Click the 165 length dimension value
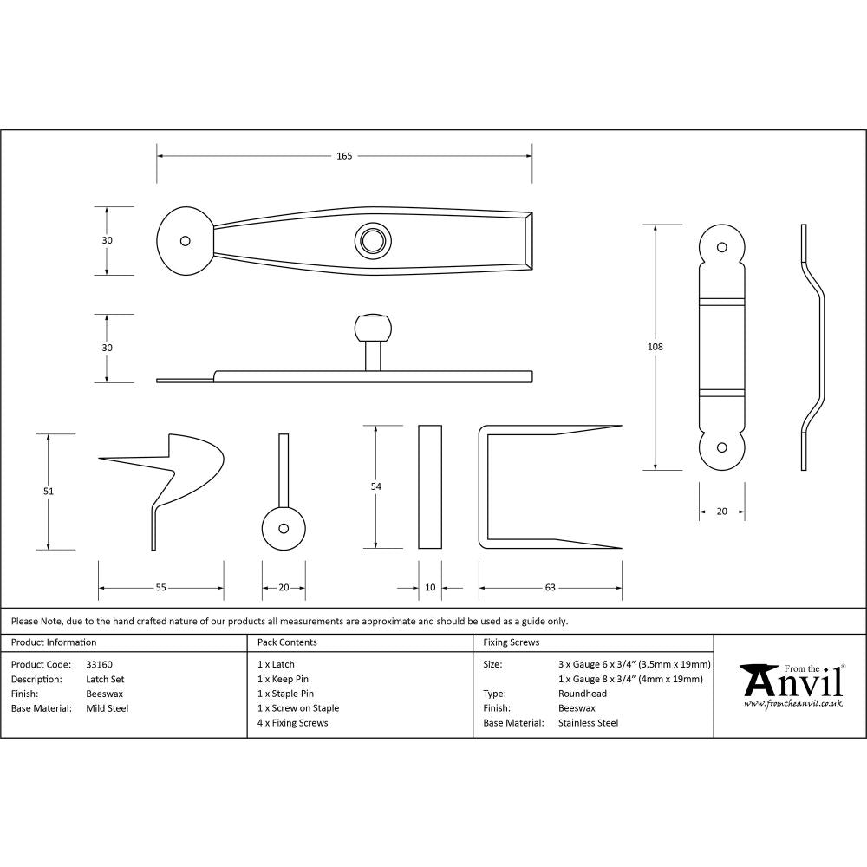(x=344, y=156)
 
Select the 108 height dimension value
(x=655, y=347)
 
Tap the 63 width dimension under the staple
(x=550, y=588)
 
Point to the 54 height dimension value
(x=375, y=487)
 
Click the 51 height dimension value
(x=49, y=492)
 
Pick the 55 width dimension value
(x=160, y=588)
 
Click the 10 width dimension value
(x=430, y=588)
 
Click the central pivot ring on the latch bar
(x=373, y=240)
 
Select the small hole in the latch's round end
(x=184, y=241)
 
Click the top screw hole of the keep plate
(x=721, y=245)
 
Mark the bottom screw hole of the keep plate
(x=721, y=448)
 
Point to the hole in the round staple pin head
(x=284, y=527)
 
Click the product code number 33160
(x=99, y=664)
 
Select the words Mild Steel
(x=107, y=708)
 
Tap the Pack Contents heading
(x=287, y=642)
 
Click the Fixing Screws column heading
(x=511, y=642)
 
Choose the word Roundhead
(x=583, y=694)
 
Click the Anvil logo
(x=790, y=684)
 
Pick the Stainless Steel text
(x=588, y=723)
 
